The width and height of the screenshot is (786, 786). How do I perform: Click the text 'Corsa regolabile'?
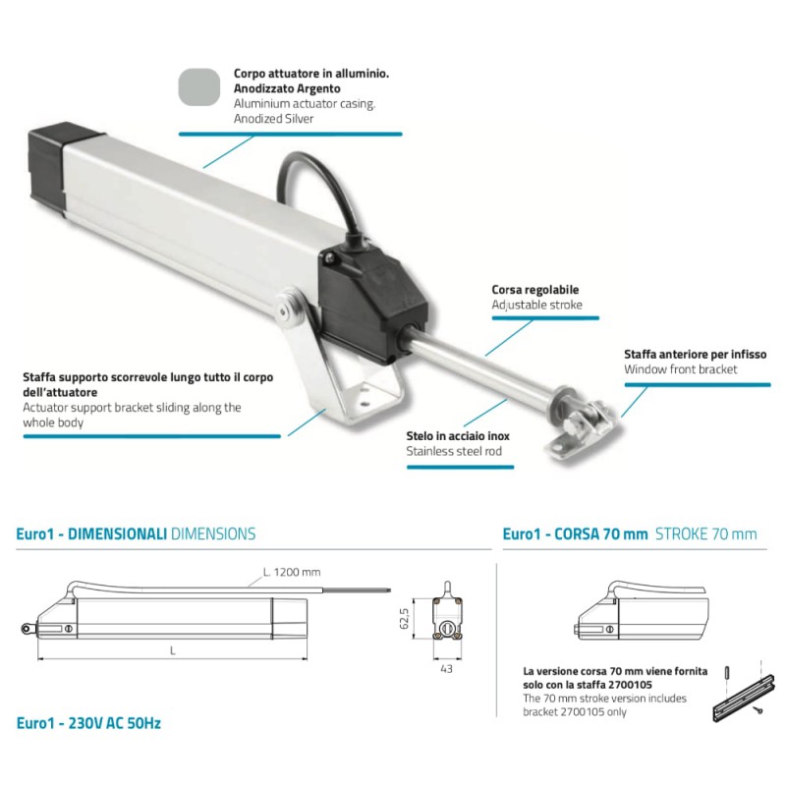coord(534,291)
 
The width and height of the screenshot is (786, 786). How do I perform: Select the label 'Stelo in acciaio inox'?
coord(458,435)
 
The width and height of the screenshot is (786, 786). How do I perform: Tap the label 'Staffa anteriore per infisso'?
coord(695,354)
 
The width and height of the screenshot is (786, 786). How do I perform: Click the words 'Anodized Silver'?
coord(273,118)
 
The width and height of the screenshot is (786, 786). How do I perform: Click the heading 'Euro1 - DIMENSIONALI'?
coord(91,534)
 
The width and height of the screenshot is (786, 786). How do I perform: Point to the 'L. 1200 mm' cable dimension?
coord(292,573)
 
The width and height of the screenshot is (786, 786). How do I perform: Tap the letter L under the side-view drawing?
coord(173,650)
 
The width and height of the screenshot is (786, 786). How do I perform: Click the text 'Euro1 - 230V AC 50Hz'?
coord(88,723)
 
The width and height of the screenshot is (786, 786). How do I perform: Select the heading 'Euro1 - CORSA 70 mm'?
coord(575,534)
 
